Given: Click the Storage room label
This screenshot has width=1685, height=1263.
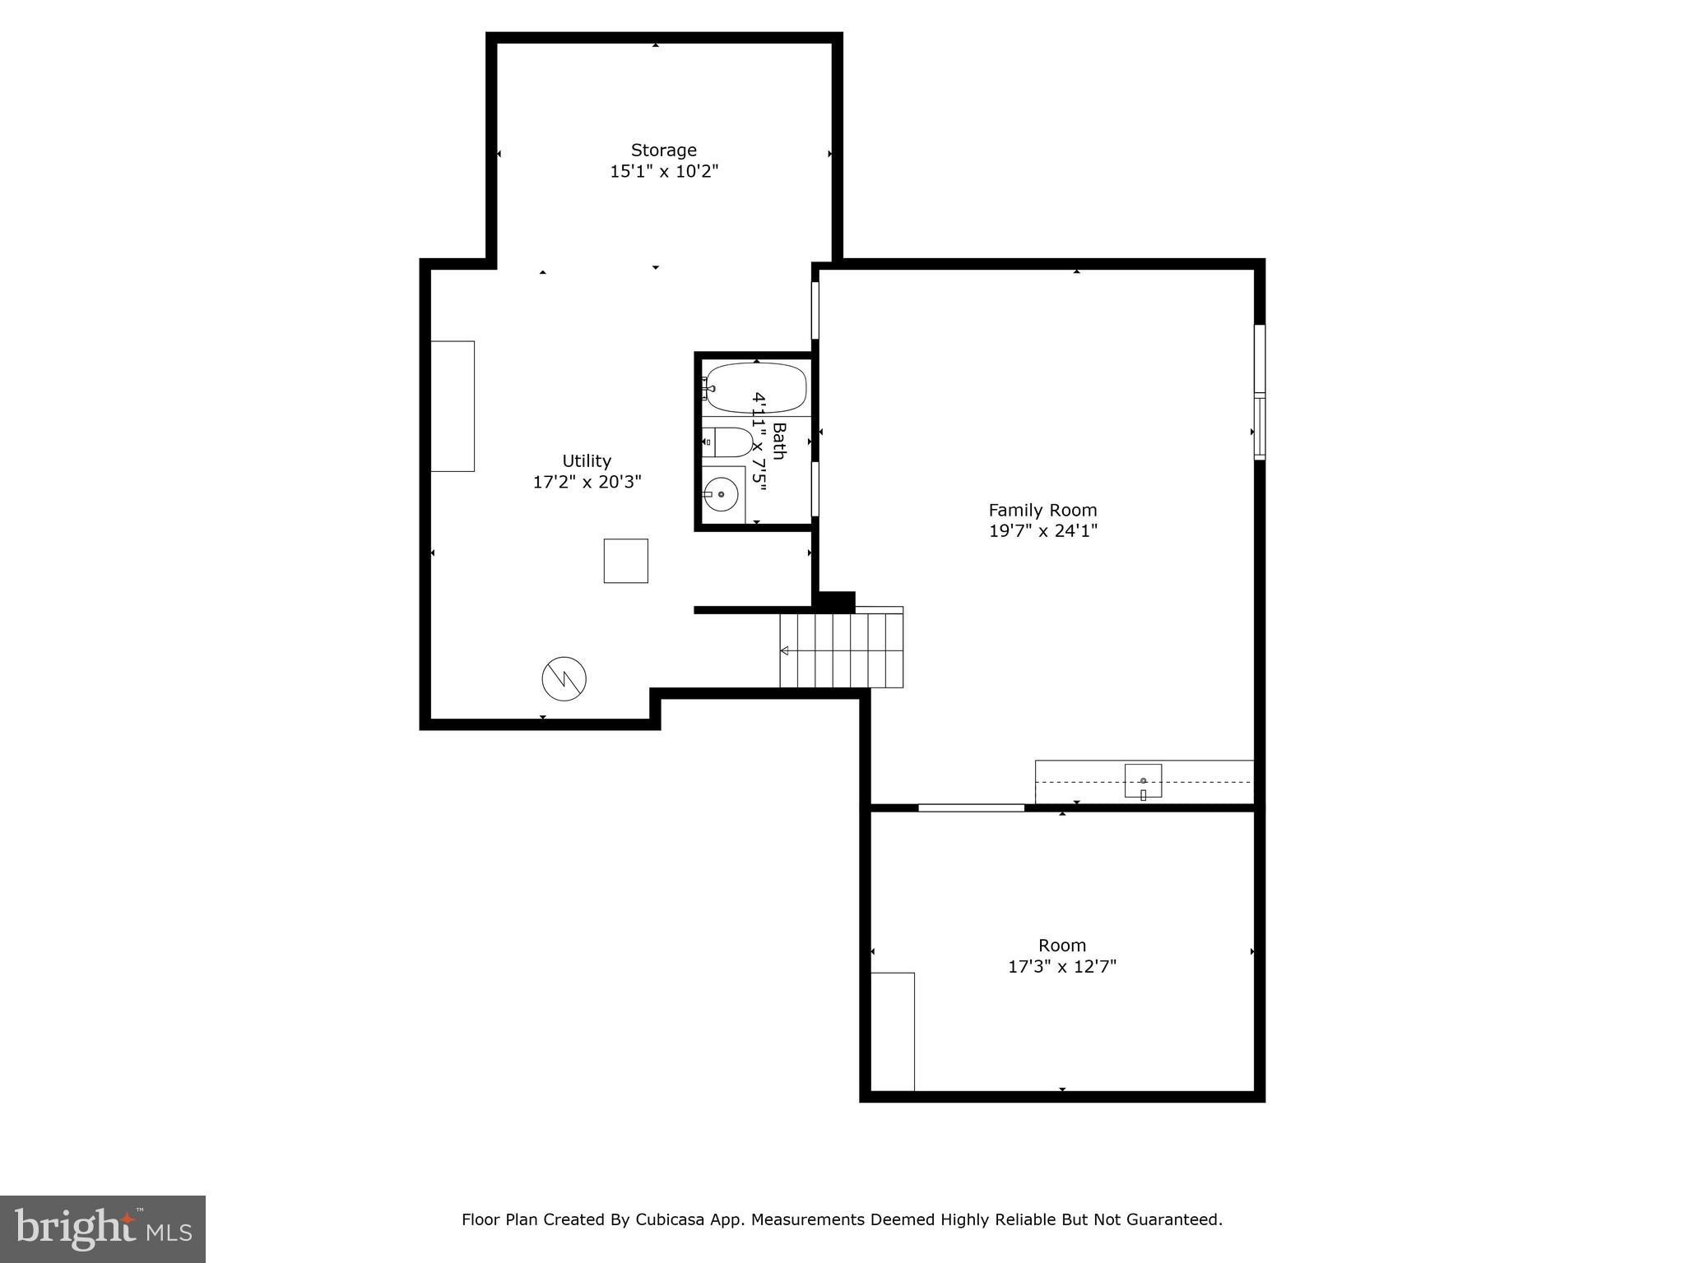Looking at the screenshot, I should coord(663,150).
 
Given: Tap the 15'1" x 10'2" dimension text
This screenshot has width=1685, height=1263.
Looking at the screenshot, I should coord(663,172).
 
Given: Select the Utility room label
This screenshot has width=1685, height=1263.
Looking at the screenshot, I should coord(587,460).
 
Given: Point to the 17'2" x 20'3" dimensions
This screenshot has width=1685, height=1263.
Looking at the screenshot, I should coord(587,482).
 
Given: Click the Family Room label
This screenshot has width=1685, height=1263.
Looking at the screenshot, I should coord(1042,510).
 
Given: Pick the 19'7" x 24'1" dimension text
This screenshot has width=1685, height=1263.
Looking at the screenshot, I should coord(1042,531).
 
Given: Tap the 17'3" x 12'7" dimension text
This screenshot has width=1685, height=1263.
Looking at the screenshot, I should coord(1061,966).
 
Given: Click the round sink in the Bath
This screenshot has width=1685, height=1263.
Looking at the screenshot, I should coord(722,494).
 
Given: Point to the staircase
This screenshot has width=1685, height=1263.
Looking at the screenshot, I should coord(842,650).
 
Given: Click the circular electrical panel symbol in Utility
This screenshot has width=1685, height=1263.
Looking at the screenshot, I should coord(564,678).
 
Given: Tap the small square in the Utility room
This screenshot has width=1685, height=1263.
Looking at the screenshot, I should coord(625,561).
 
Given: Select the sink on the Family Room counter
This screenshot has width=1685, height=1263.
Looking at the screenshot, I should coord(1143,780).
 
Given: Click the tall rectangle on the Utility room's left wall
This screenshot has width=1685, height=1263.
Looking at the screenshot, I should coord(453,406).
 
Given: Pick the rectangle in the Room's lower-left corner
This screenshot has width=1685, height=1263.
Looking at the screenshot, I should coord(893,1031).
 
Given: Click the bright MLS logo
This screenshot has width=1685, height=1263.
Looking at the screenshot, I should coord(103,1228).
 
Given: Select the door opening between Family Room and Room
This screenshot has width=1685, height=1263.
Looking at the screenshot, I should coord(971,807).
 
